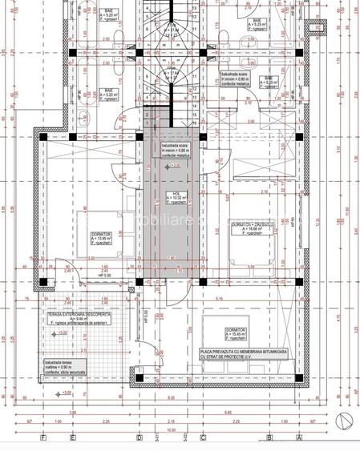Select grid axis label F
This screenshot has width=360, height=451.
coord(42,438)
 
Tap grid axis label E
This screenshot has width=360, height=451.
coord(73,438)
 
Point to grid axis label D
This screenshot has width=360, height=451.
coord(140,438)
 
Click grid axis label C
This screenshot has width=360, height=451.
coord(202,438)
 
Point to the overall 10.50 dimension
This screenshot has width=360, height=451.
coord(171,429)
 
